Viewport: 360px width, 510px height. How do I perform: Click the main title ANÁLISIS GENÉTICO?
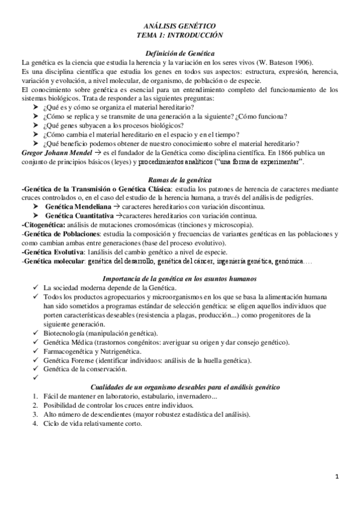pyautogui.click(x=180, y=26)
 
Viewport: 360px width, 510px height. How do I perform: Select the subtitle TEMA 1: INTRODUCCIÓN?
pyautogui.click(x=180, y=35)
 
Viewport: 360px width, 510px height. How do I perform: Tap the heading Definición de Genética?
pyautogui.click(x=180, y=54)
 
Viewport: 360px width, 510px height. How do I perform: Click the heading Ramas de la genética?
pyautogui.click(x=180, y=180)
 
